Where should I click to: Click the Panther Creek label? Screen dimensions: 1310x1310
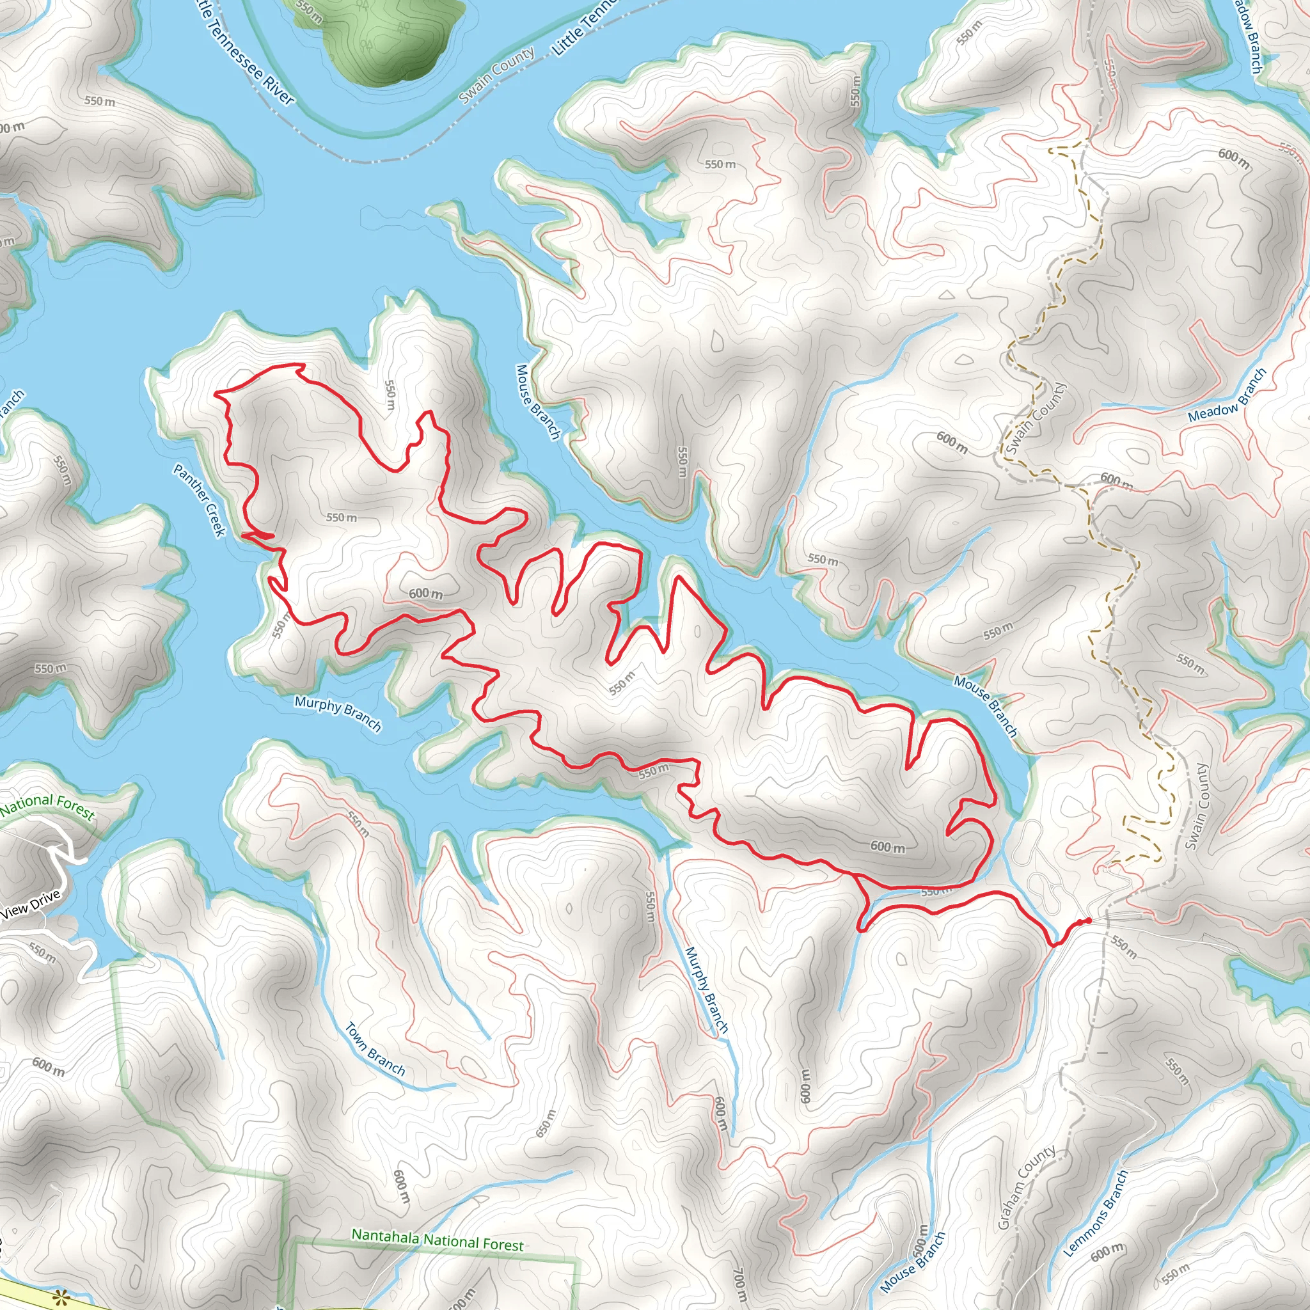200,500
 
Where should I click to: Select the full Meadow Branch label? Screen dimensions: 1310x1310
1227,395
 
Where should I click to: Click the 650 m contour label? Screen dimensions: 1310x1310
546,1123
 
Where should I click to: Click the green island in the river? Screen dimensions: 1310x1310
380,34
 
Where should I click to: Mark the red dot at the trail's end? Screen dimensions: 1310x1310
1087,920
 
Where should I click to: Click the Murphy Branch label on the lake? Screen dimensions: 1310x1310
338,713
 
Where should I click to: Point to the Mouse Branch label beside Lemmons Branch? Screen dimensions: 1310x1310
913,1262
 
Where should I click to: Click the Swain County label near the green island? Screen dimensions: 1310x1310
496,75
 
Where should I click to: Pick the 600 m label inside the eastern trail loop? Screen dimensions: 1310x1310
887,847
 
